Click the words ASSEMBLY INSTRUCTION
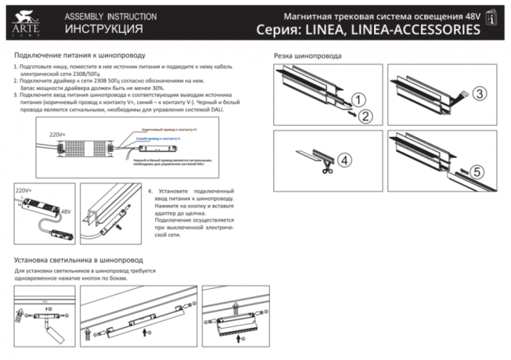[110, 16]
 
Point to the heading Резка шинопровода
[307, 56]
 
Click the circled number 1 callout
[358, 99]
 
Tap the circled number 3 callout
[480, 93]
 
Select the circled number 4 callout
[346, 159]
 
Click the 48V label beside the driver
[65, 211]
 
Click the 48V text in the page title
[466, 15]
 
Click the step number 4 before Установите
[149, 191]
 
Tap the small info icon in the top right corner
[491, 16]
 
